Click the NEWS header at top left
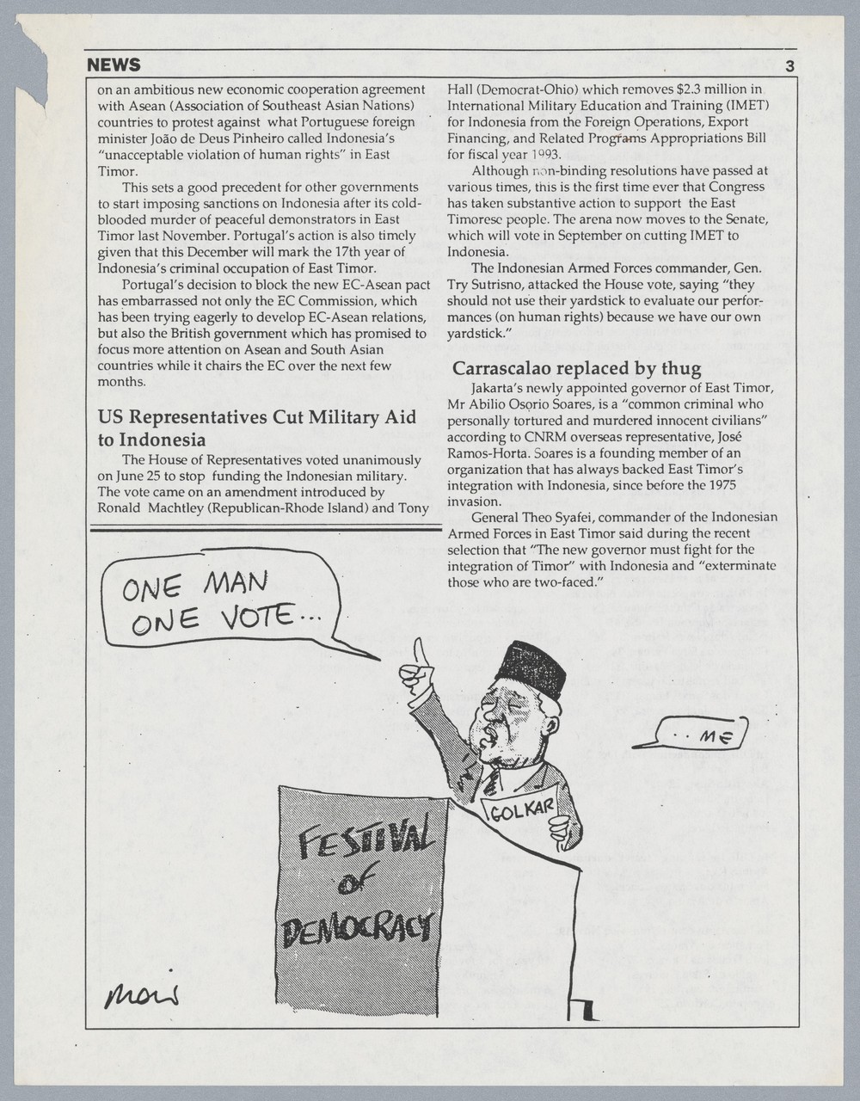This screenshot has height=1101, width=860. point(114,65)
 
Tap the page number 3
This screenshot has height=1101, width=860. point(789,66)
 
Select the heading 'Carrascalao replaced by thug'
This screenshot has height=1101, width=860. point(576,368)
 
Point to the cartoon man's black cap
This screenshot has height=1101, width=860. point(531,667)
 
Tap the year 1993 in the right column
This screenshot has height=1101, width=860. point(544,154)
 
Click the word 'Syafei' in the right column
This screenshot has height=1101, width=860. point(594,517)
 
